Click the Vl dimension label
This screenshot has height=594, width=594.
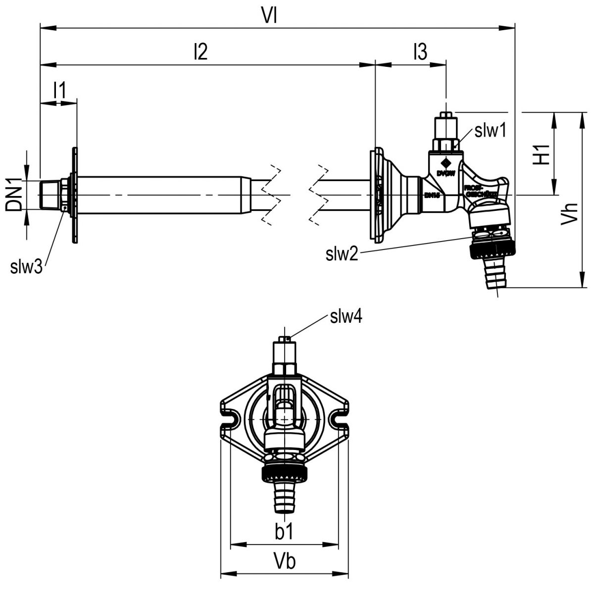(270, 16)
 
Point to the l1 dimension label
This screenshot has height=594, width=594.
(59, 91)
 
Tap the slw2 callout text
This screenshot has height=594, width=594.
(342, 254)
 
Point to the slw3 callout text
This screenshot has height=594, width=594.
(26, 267)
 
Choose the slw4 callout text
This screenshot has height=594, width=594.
(346, 316)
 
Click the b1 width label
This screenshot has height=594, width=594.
(285, 532)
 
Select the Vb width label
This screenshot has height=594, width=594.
(285, 562)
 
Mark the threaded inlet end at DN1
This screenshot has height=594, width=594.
(49, 194)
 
